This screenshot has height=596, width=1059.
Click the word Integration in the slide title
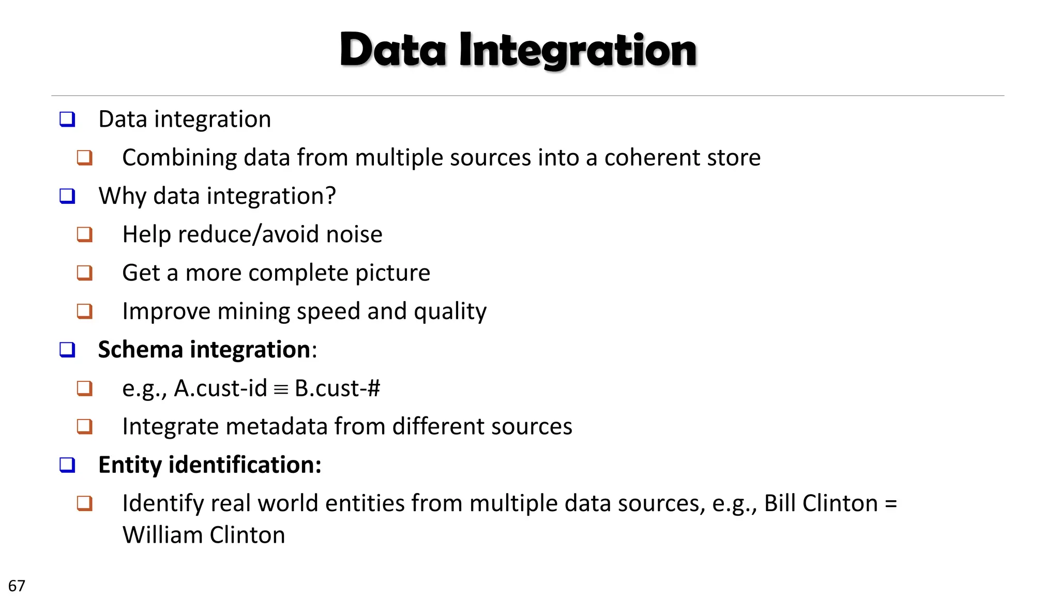(578, 51)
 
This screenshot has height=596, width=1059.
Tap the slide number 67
(17, 586)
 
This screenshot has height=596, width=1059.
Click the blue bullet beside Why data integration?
(67, 196)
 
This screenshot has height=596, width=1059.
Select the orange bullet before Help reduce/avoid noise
(85, 234)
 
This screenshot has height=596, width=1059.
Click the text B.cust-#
(337, 388)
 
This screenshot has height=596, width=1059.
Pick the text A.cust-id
(220, 388)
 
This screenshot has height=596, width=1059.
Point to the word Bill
(779, 503)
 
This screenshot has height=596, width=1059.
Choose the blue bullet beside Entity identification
(67, 465)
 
